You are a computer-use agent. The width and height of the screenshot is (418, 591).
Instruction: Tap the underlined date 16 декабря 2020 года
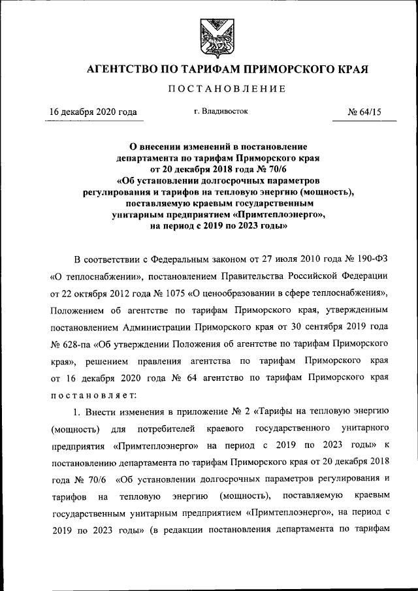[93, 112]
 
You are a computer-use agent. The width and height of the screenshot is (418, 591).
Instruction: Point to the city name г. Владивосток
[221, 112]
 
